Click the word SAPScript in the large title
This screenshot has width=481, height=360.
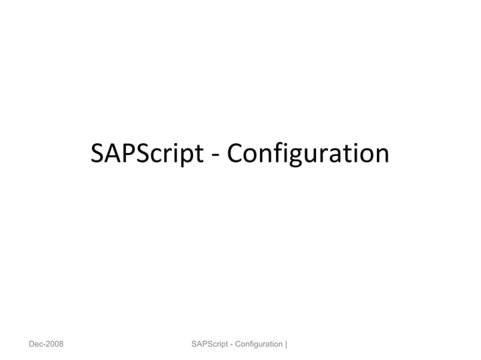[x=147, y=154]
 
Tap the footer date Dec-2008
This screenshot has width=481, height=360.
[x=46, y=344]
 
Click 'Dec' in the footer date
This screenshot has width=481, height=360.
[x=36, y=344]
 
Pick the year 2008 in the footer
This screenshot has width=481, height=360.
[x=54, y=344]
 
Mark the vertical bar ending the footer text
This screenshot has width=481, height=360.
[x=287, y=344]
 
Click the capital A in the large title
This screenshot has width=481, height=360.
[x=111, y=154]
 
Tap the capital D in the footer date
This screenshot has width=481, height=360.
[x=32, y=344]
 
